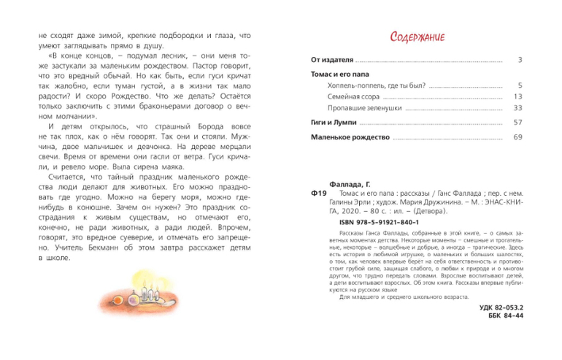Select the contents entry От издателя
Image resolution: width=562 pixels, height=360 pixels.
331,61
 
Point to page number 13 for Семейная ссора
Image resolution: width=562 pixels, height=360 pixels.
517,97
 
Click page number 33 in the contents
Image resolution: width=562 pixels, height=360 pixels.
517,108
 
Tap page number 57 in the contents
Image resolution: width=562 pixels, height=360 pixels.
517,123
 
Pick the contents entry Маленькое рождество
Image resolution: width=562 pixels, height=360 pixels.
348,138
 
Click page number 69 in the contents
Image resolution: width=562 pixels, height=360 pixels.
517,138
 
